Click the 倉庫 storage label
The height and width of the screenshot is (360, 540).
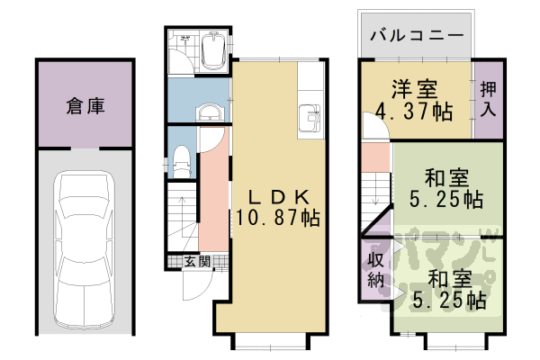pyautogui.click(x=85, y=106)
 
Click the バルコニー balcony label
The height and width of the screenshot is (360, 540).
pyautogui.click(x=416, y=37)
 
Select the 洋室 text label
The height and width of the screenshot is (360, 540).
pyautogui.click(x=414, y=90)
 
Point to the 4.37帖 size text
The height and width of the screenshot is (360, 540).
pyautogui.click(x=414, y=112)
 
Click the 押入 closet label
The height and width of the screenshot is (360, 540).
pyautogui.click(x=488, y=99)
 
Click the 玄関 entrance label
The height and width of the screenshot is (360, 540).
pyautogui.click(x=197, y=262)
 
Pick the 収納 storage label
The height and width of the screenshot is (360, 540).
pyautogui.click(x=375, y=269)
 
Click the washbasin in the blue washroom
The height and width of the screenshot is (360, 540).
pyautogui.click(x=209, y=112)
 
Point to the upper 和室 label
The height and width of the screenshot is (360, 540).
pyautogui.click(x=445, y=176)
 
